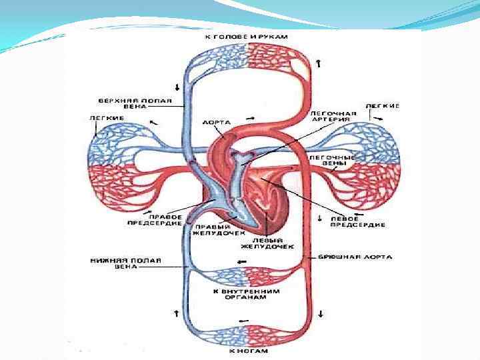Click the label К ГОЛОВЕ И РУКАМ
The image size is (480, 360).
tap(246, 37)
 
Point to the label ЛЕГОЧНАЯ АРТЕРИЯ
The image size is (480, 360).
tap(333, 117)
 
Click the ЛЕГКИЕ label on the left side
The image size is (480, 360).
tap(105, 118)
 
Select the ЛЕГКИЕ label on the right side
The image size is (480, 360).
tap(383, 106)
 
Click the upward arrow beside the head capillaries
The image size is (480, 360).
tap(319, 63)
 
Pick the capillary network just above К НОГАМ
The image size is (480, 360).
tap(246, 333)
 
